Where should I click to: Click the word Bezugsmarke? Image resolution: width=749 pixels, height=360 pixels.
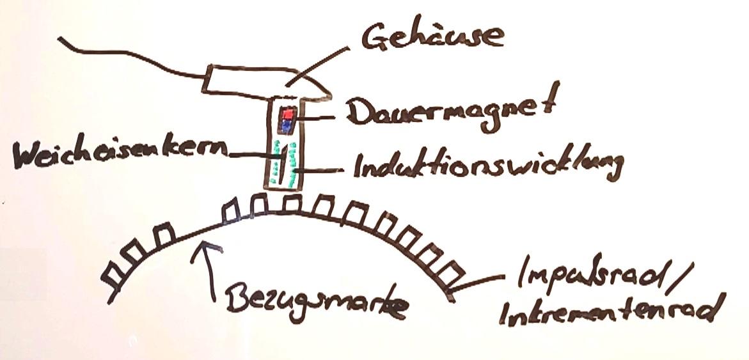tap(316, 303)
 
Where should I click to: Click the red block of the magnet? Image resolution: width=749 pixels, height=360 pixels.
tap(288, 114)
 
